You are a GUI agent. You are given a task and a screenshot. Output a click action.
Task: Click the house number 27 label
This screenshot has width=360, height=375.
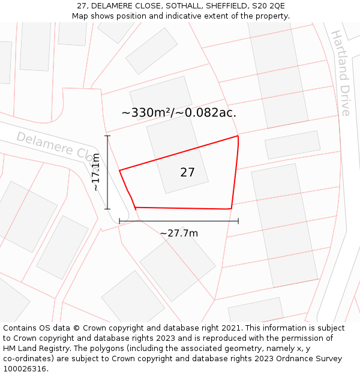click(187, 172)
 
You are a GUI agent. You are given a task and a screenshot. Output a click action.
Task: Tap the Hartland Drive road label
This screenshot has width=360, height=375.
click(340, 73)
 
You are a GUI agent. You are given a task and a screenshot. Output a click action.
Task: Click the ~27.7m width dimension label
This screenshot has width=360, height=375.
click(179, 233)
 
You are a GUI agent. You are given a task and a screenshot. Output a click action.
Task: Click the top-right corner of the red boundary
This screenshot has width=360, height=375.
click(238, 136)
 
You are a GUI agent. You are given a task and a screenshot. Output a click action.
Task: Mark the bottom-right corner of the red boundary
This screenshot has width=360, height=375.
click(231, 209)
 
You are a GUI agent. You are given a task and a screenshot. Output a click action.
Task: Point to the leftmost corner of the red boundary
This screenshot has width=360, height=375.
click(119, 170)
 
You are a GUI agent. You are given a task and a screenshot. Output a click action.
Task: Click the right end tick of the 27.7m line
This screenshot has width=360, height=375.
click(238, 221)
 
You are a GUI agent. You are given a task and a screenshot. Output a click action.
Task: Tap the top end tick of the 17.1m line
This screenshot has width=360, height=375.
click(107, 136)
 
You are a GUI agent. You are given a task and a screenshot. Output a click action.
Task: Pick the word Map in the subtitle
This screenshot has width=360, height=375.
click(80, 16)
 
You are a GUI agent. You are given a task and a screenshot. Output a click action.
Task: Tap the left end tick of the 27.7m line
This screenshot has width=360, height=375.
click(119, 221)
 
